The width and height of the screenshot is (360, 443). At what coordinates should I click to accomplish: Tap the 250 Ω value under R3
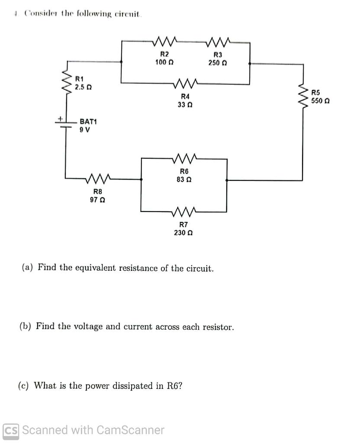218,63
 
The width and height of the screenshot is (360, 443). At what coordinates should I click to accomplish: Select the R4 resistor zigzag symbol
185,82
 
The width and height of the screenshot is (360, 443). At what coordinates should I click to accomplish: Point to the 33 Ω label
185,105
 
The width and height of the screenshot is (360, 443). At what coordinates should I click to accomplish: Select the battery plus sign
61,118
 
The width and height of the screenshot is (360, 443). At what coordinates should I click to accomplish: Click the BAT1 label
88,122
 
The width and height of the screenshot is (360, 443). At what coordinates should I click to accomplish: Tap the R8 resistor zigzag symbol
100,178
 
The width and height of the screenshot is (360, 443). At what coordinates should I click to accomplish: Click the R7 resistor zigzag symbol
185,212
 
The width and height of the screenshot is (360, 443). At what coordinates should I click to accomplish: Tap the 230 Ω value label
183,233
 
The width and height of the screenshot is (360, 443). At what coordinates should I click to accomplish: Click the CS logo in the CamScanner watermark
11,430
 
